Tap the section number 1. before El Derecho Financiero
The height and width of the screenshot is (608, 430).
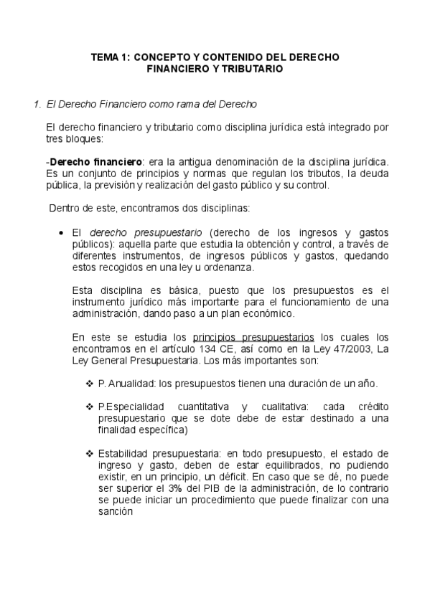click(x=37, y=105)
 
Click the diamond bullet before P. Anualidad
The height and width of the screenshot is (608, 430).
click(x=90, y=384)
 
